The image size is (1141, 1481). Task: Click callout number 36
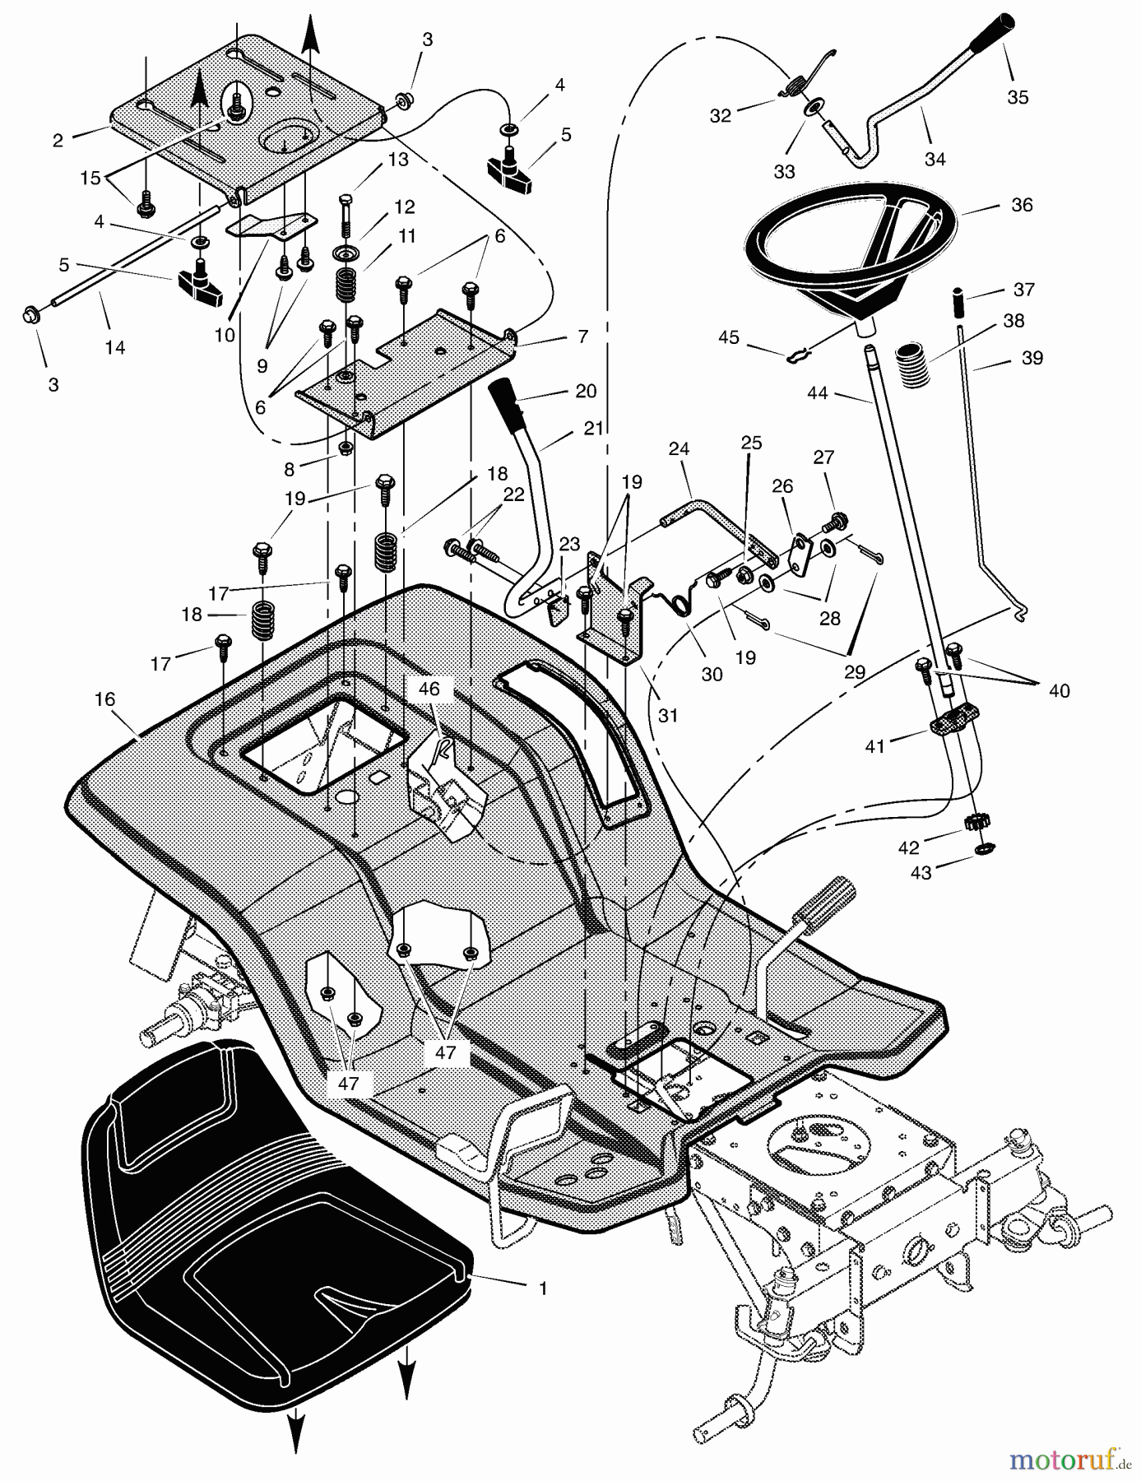[x=1021, y=205]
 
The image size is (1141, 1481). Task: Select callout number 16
[x=104, y=699]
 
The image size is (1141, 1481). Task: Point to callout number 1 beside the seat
[x=542, y=1288]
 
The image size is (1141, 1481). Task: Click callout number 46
[x=429, y=689]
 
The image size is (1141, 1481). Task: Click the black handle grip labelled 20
[x=512, y=406]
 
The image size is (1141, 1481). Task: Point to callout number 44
[x=817, y=394]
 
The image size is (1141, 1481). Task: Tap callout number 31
[x=668, y=716]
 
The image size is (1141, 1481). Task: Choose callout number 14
[x=114, y=347]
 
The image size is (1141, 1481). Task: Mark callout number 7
[x=582, y=337]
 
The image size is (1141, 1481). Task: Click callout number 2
[x=58, y=141]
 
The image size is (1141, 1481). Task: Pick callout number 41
[x=874, y=746]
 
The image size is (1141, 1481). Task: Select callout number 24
[x=679, y=449]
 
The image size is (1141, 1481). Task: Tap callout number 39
[x=1032, y=358]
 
